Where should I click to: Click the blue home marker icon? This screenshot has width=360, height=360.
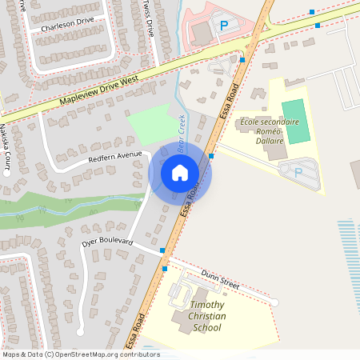point(180,173)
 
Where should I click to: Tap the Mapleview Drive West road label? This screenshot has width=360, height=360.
point(99,90)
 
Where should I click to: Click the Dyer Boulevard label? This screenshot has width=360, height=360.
point(106,241)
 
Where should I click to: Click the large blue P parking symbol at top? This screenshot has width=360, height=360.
point(224,26)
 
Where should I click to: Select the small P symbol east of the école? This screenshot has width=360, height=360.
point(298,171)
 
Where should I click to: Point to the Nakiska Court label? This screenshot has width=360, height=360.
point(6,144)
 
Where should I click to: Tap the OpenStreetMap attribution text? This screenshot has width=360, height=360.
point(80,354)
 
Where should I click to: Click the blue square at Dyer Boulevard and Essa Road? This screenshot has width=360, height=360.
point(162,251)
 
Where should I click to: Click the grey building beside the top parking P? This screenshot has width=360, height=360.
point(199,32)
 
